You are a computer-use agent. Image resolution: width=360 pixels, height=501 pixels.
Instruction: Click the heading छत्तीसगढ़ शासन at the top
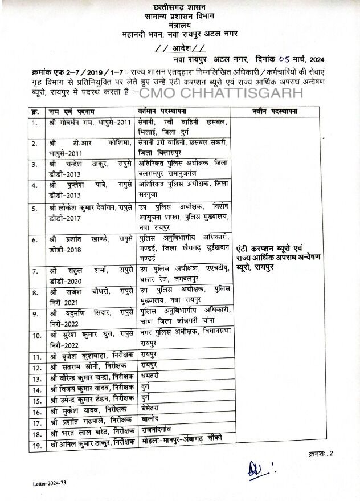point(181,7)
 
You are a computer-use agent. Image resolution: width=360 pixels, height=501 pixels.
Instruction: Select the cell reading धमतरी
point(149,377)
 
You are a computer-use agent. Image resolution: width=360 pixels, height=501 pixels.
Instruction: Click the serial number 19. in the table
point(36,443)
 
